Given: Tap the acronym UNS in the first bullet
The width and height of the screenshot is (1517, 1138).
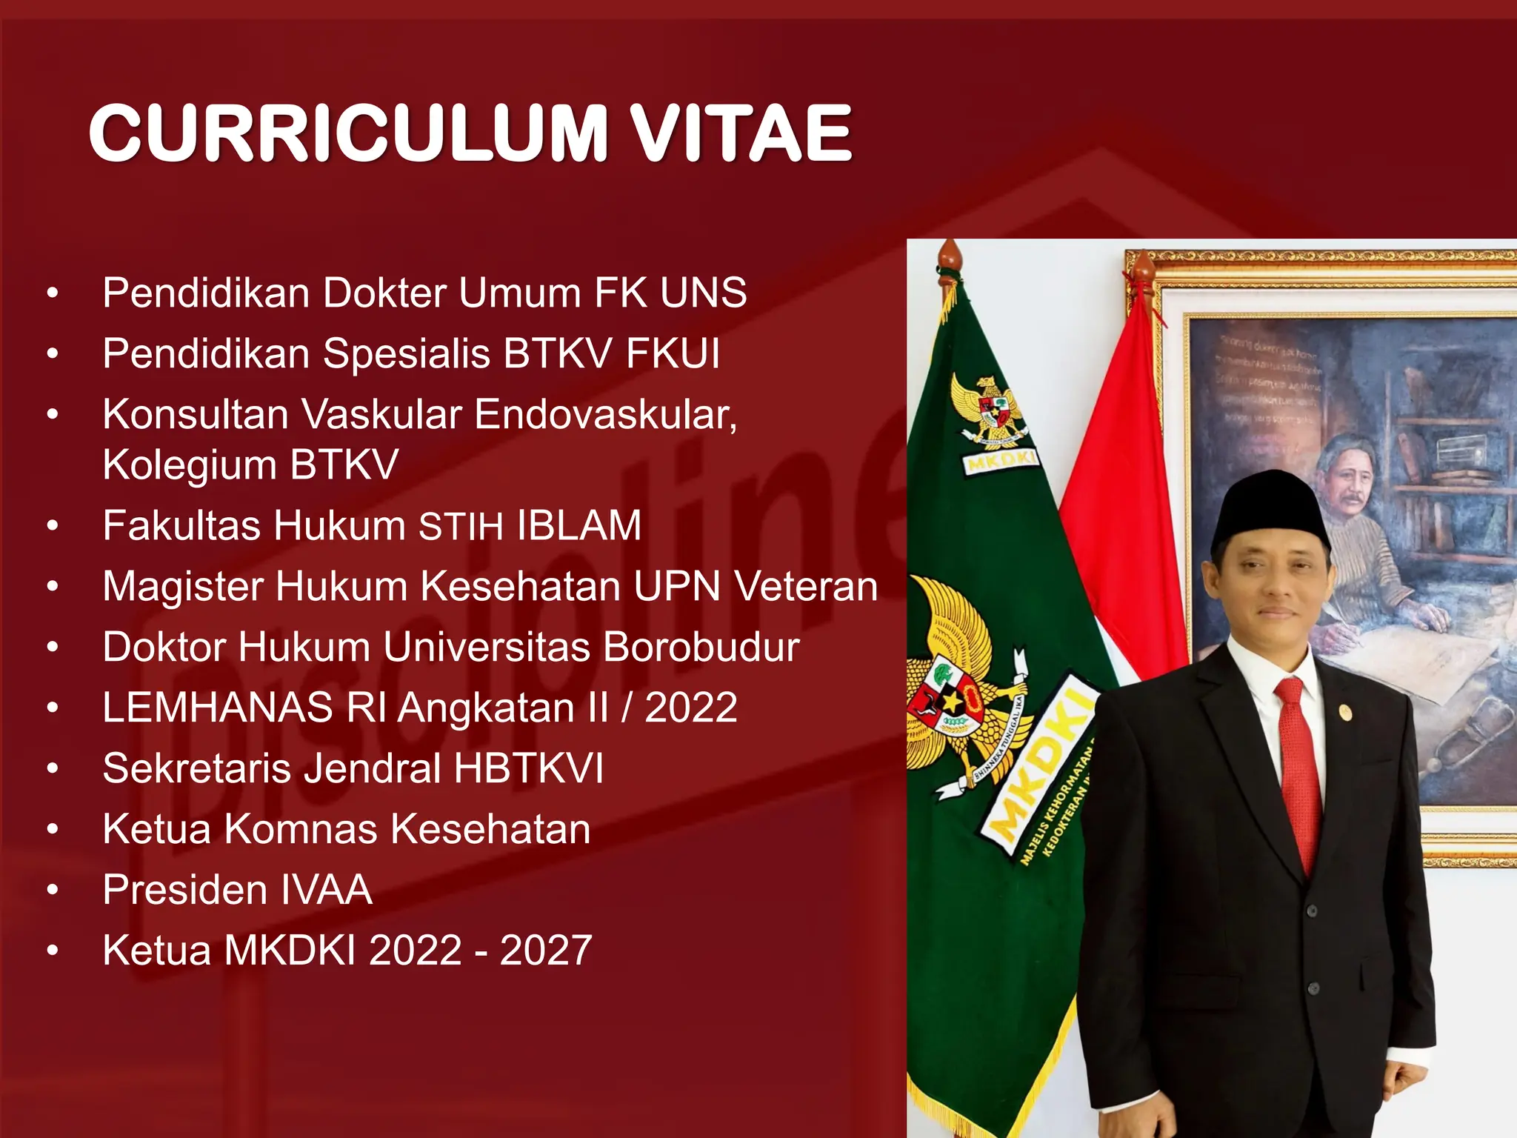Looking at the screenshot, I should click(x=703, y=293).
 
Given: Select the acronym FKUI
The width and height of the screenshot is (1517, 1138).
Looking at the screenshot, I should click(x=673, y=353).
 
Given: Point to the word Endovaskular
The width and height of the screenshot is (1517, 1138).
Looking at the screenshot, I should click(x=605, y=414).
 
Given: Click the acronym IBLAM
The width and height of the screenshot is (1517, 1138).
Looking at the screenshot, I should click(x=579, y=526).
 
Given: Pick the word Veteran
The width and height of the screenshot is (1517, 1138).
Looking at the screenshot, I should click(x=806, y=587).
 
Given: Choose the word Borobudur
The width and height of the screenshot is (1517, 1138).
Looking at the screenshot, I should click(x=701, y=648).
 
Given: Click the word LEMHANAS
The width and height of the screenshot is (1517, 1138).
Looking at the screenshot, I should click(x=218, y=708).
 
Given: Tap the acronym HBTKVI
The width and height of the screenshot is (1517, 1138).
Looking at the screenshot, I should click(x=529, y=768).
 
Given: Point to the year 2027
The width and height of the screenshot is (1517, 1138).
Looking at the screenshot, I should click(x=546, y=951).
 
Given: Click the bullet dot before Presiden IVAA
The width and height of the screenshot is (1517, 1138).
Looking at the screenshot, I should click(x=52, y=889).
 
